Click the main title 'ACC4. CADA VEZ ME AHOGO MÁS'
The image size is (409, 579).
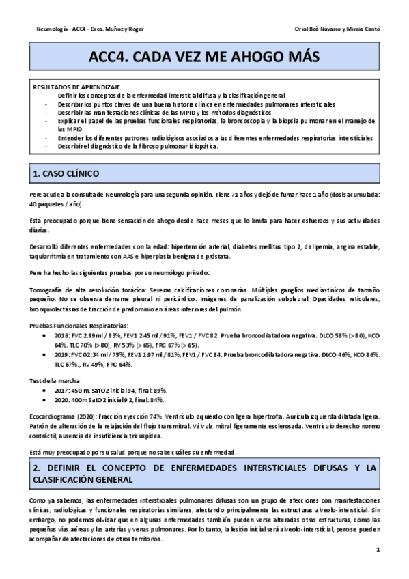(204, 59)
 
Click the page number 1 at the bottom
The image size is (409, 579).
(378, 550)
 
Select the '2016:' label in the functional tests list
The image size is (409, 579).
(59, 335)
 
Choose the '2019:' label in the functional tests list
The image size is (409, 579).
(59, 354)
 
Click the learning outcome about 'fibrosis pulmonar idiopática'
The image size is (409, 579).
(139, 147)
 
